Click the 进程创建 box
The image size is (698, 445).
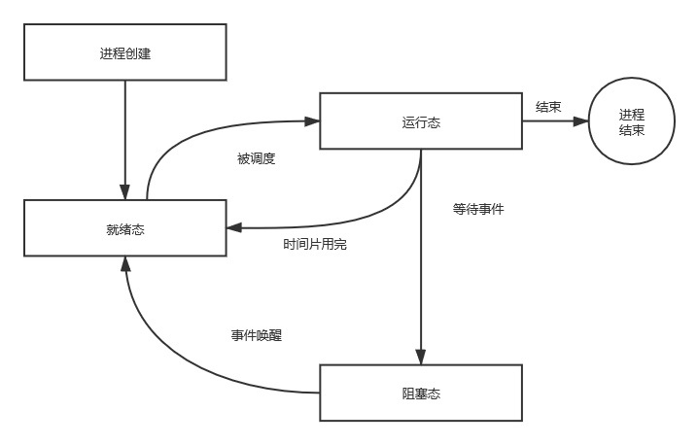[125, 52]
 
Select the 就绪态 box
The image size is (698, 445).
[125, 229]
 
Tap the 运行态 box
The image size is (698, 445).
[421, 121]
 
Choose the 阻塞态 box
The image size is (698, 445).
[421, 393]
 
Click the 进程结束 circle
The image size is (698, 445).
[631, 121]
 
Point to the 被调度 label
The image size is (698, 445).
[257, 158]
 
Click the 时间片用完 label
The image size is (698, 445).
[315, 244]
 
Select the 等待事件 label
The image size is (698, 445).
[478, 208]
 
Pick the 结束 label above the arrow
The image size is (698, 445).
[547, 106]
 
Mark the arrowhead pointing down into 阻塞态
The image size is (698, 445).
[421, 358]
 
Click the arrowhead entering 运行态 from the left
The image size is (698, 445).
[313, 121]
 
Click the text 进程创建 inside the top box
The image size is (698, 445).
[125, 52]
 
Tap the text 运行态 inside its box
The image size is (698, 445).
[421, 121]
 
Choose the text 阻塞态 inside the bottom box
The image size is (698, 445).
[421, 393]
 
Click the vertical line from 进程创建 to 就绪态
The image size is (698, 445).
[125, 136]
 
